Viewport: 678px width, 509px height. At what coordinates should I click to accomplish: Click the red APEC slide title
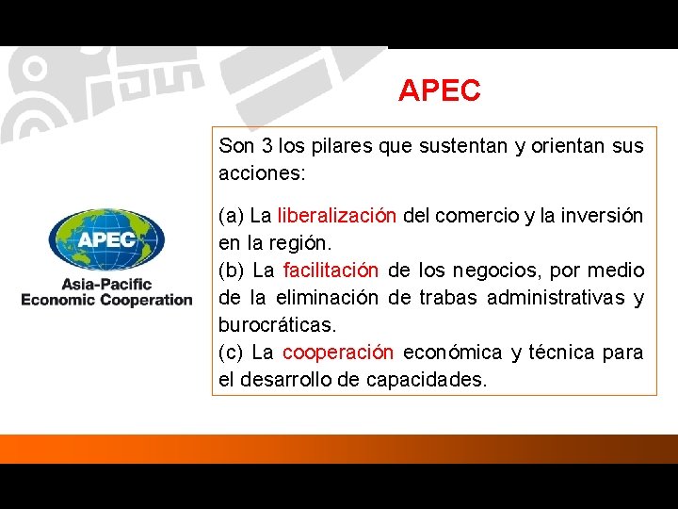pyautogui.click(x=439, y=90)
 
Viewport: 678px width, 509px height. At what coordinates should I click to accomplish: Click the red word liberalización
pyautogui.click(x=337, y=216)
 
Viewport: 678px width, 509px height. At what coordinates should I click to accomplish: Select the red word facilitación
pyautogui.click(x=331, y=271)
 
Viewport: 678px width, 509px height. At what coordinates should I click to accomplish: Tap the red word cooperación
pyautogui.click(x=338, y=353)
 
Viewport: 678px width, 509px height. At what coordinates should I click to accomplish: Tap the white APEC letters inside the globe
pyautogui.click(x=106, y=238)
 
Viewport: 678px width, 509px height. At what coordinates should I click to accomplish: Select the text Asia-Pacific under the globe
pyautogui.click(x=106, y=284)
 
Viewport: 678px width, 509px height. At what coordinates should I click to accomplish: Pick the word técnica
pyautogui.click(x=570, y=353)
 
